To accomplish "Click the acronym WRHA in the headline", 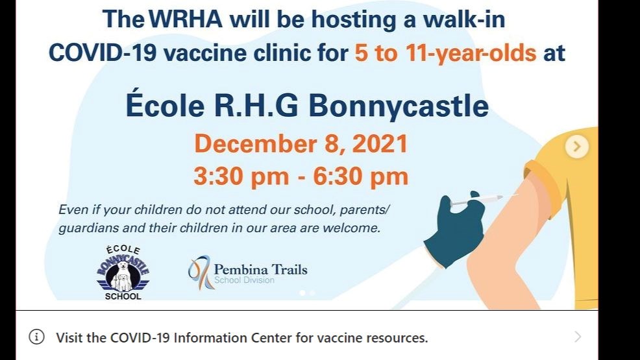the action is click(186, 19).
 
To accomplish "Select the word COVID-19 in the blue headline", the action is click(103, 53).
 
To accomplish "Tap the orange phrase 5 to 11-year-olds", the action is click(445, 54).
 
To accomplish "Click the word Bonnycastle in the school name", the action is click(399, 106).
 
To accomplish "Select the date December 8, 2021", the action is click(301, 143).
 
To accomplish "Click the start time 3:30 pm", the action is click(241, 176).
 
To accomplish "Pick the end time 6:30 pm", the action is click(361, 176).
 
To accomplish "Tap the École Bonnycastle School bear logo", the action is click(123, 272).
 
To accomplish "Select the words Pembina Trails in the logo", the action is click(260, 269).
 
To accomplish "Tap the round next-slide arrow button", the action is click(577, 146).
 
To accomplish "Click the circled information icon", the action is click(36, 337).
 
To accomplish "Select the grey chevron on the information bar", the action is click(578, 337).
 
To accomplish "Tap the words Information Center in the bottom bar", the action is click(233, 338).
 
